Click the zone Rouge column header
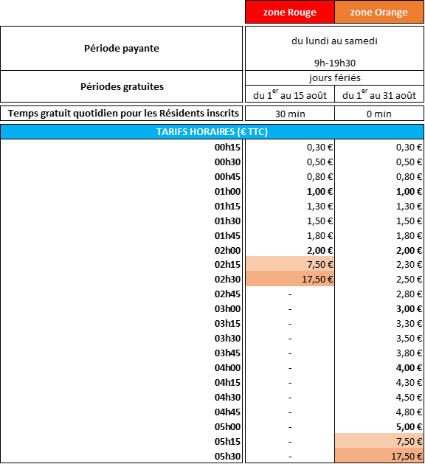point(290,12)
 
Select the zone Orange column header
point(379,12)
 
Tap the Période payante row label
point(122,48)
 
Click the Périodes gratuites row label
point(122,87)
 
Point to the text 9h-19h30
point(335,63)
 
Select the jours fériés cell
point(335,78)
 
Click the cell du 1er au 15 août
point(290,94)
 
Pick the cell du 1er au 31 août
point(379,94)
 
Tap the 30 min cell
point(290,114)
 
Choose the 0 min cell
point(379,114)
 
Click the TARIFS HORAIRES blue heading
point(212,132)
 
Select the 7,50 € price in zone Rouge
point(319,264)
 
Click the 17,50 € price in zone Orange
point(407,456)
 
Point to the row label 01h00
point(227,192)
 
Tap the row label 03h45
point(227,353)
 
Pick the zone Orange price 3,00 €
point(409,308)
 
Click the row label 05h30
point(227,456)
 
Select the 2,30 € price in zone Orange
point(409,264)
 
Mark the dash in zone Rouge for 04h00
point(290,368)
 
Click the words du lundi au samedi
point(334,41)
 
